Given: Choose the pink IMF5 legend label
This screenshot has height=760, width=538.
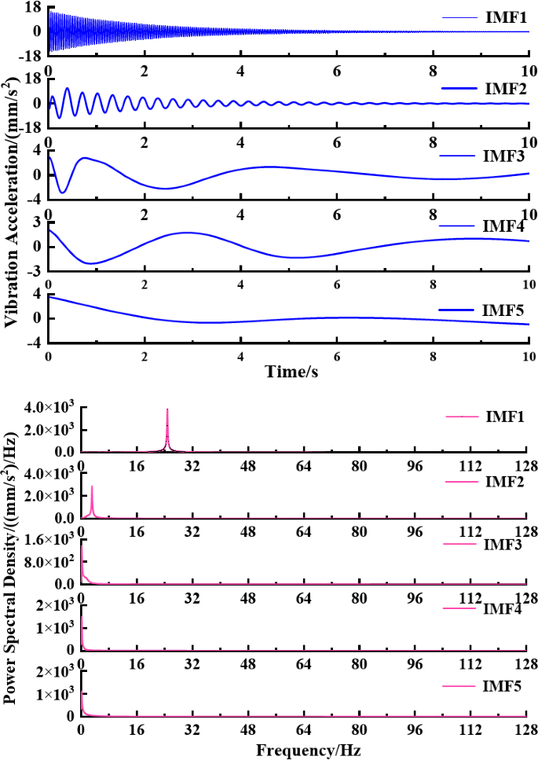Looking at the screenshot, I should click(x=506, y=685).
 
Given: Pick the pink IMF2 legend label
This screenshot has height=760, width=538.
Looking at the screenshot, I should click(x=506, y=480).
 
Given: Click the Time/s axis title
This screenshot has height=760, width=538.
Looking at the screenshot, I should click(x=287, y=371).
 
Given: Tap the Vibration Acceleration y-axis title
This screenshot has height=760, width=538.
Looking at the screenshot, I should click(x=12, y=191).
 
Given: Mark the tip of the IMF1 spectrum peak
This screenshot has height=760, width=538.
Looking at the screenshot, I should click(x=167, y=409).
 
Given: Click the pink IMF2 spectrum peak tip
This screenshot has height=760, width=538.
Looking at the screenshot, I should click(x=92, y=486).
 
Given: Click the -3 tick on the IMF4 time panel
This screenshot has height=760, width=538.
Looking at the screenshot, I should click(x=34, y=272).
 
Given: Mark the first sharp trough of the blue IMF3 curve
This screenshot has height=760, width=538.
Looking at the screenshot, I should click(x=63, y=192).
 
